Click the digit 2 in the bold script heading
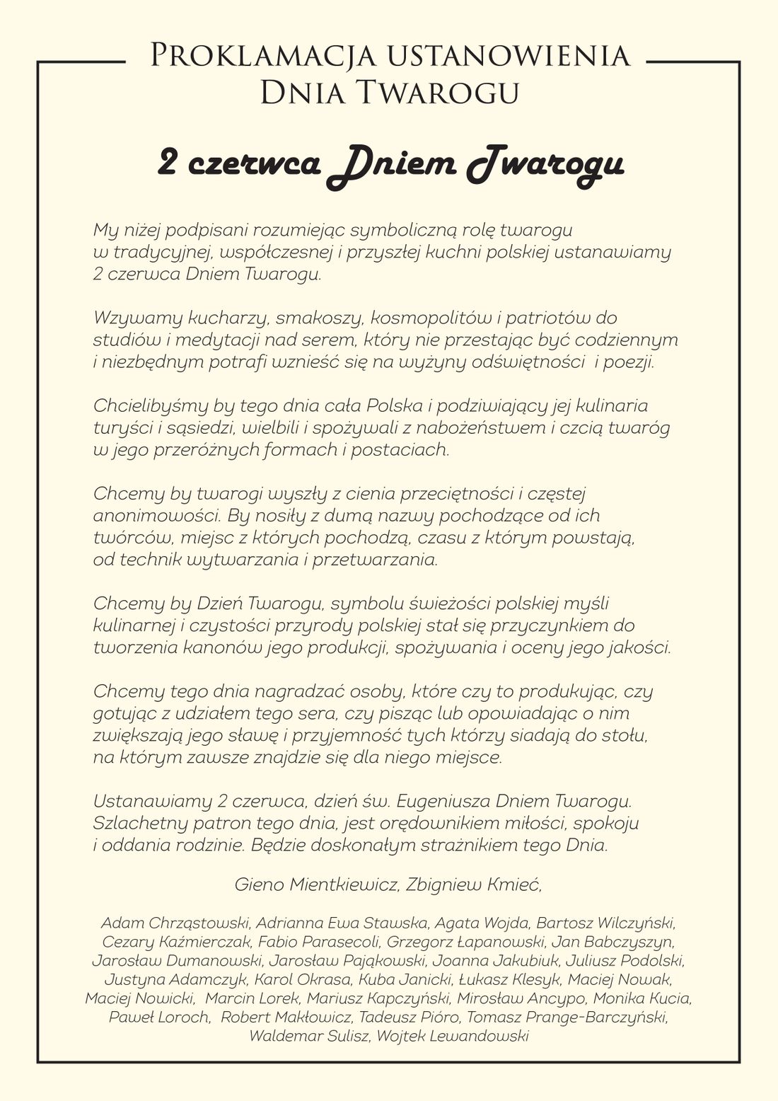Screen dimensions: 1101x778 point(168,163)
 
